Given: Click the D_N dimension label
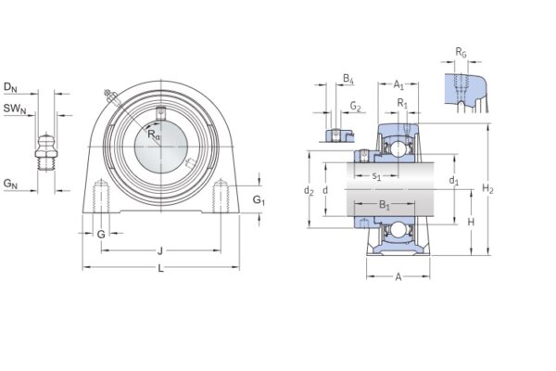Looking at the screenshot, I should click(10, 87).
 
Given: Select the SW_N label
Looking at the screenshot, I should click(13, 109).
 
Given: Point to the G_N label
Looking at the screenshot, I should click(10, 185).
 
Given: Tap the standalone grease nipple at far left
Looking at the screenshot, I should click(44, 151).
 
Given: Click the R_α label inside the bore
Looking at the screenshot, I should click(154, 135).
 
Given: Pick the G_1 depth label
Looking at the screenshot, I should click(259, 200).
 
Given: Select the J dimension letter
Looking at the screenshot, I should click(160, 249).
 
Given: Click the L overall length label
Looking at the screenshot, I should click(161, 269).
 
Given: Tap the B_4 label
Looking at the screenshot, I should click(347, 81).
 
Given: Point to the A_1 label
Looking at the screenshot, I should click(398, 83).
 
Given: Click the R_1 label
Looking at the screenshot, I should click(402, 103).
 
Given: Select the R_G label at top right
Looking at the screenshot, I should click(461, 52).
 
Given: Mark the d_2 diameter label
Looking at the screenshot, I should click(309, 191).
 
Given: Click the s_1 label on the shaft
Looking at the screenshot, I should click(376, 175).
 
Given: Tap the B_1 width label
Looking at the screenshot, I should click(385, 205).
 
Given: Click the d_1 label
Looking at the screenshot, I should click(454, 181).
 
